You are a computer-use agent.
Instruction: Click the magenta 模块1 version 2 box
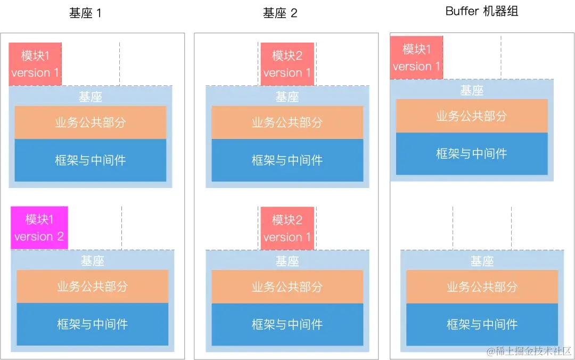(x=39, y=228)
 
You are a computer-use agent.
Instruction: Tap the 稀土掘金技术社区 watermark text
(x=528, y=351)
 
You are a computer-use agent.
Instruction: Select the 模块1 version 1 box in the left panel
(x=35, y=64)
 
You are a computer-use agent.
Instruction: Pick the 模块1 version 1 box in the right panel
(x=416, y=58)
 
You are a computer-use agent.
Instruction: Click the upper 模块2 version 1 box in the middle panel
(x=287, y=64)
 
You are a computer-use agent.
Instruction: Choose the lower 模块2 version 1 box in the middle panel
(x=287, y=228)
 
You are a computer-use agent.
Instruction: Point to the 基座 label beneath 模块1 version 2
(x=93, y=261)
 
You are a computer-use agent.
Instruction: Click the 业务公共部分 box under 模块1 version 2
(x=93, y=287)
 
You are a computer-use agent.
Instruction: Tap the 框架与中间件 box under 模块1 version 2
(x=93, y=324)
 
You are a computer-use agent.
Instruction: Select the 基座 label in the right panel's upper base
(x=472, y=91)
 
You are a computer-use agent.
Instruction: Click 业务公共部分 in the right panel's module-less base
(x=482, y=287)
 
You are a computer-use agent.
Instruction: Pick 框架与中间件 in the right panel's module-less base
(x=482, y=324)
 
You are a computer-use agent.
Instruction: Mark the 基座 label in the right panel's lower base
(x=482, y=261)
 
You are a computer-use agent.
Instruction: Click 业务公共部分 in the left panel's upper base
(x=91, y=122)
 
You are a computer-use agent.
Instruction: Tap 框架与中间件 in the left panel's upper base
(x=91, y=160)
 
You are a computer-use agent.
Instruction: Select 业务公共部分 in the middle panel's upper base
(x=287, y=122)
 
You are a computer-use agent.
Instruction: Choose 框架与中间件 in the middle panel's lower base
(x=287, y=324)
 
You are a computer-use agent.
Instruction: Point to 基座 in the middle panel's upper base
(x=287, y=97)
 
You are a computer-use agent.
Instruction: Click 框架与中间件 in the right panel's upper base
(x=472, y=154)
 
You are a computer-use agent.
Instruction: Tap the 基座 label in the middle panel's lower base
(x=287, y=261)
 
